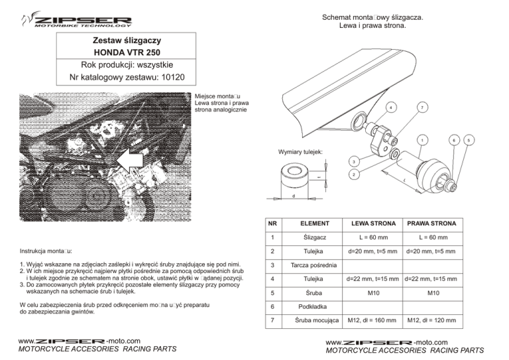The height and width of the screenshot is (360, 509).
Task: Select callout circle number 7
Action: coord(422,107)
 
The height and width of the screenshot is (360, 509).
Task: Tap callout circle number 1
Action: coord(422,140)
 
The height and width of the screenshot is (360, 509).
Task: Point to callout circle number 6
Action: coord(453,140)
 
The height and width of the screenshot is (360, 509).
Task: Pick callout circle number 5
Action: coord(469,140)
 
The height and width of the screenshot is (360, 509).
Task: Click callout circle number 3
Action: coord(355,161)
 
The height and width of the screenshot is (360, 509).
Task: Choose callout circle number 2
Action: coord(355,174)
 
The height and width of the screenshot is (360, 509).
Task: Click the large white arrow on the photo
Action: coord(133,159)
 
